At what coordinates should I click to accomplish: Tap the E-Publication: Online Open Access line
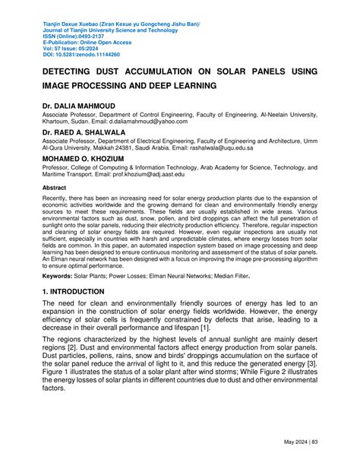coord(87,43)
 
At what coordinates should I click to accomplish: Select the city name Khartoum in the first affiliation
coord(59,120)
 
